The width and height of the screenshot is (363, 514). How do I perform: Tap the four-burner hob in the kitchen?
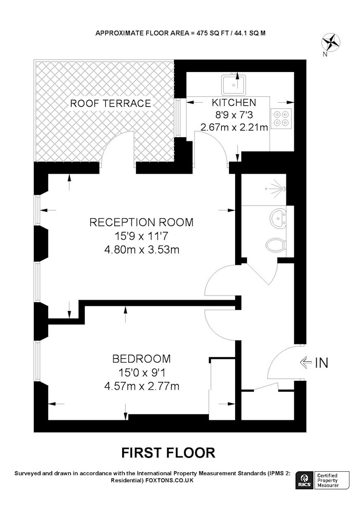[x=282, y=118]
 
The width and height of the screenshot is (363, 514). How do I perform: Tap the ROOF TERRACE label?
[x=110, y=104]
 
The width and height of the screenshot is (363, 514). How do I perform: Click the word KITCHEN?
[x=234, y=103]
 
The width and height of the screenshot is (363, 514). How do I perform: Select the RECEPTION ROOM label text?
[x=141, y=222]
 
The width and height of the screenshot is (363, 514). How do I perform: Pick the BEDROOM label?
[x=141, y=359]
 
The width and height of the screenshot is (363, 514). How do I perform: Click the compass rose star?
[x=330, y=43]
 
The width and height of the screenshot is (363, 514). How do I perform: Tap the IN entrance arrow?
[x=305, y=362]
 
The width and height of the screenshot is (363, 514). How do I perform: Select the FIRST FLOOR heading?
[x=168, y=453]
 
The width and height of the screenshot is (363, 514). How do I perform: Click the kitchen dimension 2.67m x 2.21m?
[x=234, y=127]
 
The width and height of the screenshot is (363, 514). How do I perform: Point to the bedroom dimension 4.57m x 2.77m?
[x=141, y=386]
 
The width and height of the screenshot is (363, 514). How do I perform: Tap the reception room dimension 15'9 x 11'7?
[x=141, y=236]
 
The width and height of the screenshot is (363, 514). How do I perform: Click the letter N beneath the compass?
[x=325, y=55]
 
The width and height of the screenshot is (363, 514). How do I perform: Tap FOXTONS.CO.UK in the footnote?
[x=169, y=480]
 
